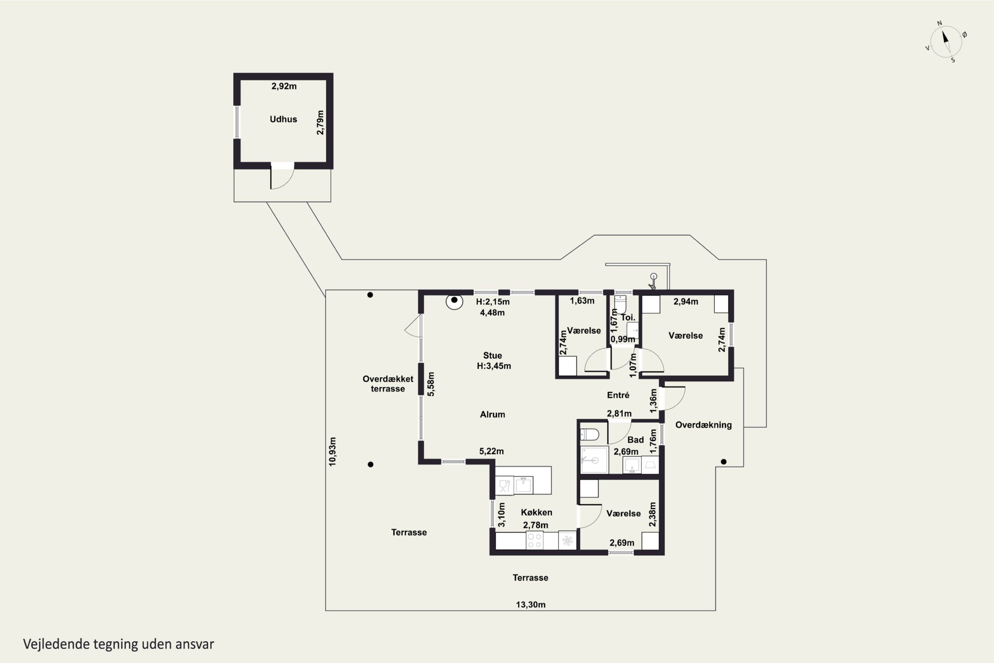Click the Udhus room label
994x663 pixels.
[283, 119]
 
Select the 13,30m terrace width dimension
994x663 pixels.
[530, 605]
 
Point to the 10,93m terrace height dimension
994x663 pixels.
[333, 452]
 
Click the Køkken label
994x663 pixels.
[536, 512]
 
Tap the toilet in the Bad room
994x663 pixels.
[589, 435]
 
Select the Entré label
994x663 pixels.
[618, 395]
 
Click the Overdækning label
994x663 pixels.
[703, 425]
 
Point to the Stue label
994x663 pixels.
[492, 356]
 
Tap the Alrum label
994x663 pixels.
[492, 414]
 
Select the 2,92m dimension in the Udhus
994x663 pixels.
[284, 86]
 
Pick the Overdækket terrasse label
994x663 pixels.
[388, 384]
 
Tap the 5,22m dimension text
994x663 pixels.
[491, 451]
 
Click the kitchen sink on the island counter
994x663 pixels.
[523, 485]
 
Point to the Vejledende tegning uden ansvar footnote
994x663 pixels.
[118, 644]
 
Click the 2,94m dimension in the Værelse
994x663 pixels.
[686, 301]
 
